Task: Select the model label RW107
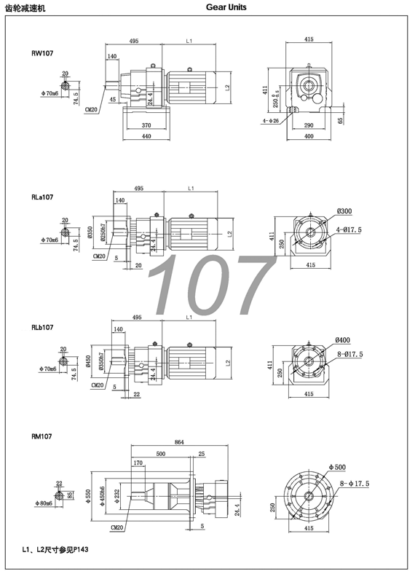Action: click(x=41, y=52)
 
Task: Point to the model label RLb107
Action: click(x=43, y=328)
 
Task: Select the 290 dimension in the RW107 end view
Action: click(x=309, y=125)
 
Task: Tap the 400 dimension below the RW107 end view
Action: click(x=309, y=135)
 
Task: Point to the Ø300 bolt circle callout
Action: click(x=344, y=211)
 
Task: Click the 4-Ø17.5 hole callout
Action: click(x=349, y=230)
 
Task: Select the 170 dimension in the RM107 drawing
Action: click(x=138, y=462)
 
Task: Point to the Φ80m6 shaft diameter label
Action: click(x=46, y=503)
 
